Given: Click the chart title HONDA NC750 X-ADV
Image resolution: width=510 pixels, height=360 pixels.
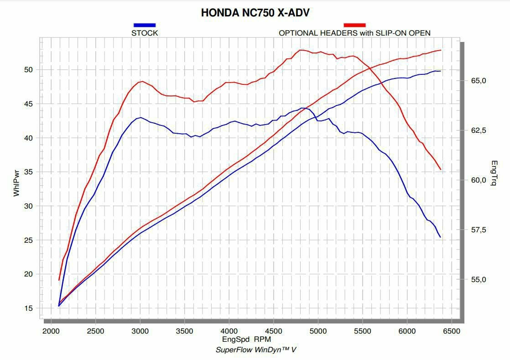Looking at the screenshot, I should pos(255,13).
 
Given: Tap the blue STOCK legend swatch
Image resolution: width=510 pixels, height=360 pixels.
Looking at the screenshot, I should pos(145,25).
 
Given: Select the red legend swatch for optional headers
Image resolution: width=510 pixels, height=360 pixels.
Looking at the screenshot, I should pos(354,25).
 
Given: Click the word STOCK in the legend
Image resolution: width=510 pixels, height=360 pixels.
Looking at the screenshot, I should pos(145,33).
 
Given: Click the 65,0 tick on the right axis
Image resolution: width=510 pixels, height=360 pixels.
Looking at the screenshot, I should pos(479,81).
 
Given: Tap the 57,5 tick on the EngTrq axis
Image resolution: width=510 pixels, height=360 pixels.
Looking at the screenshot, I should pos(479,230).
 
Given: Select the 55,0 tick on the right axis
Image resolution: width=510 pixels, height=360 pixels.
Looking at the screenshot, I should pos(479,279).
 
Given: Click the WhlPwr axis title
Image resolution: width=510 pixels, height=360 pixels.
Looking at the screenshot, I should pos(16,182).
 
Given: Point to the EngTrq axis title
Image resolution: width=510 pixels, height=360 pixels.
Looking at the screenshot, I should pos(494,173).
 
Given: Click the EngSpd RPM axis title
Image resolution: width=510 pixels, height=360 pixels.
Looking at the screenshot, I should pos(246,339).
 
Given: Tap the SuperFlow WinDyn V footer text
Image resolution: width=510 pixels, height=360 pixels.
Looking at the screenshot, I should pos(255,350).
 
